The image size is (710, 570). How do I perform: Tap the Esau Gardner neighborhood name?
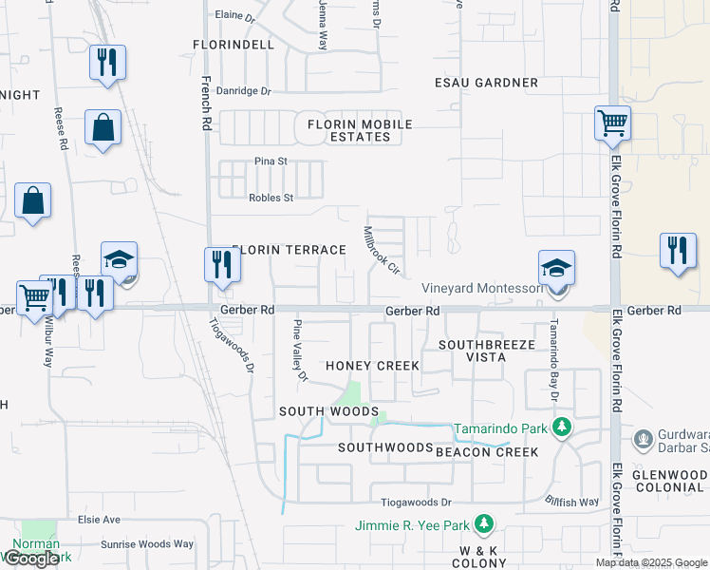click(x=486, y=83)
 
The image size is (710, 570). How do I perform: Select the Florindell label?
click(x=233, y=45)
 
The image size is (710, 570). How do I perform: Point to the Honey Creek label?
click(x=372, y=366)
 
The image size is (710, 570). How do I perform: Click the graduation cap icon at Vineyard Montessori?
click(x=556, y=269)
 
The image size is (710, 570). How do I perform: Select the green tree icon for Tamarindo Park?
click(x=561, y=427)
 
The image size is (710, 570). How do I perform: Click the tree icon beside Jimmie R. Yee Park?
click(x=484, y=524)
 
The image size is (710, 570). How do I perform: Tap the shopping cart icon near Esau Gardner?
click(x=612, y=123)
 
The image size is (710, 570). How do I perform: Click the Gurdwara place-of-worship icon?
click(x=644, y=439)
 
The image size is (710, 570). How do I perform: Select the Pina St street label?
click(x=270, y=161)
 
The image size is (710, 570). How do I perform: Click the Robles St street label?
click(x=271, y=198)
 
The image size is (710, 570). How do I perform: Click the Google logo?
click(x=31, y=559)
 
